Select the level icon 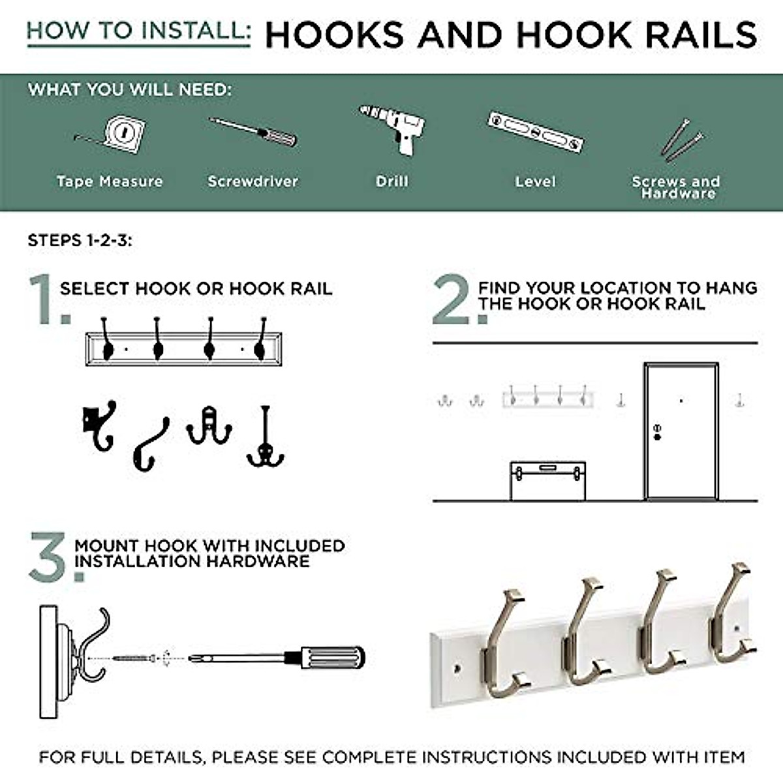click(536, 132)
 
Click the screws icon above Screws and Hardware click(682, 140)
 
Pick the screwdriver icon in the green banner click(253, 132)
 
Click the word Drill click(392, 181)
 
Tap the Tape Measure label click(110, 181)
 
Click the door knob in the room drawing click(657, 437)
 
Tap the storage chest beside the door click(547, 481)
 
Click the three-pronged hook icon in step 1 click(266, 437)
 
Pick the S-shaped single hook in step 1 click(150, 444)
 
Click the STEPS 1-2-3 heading click(80, 240)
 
